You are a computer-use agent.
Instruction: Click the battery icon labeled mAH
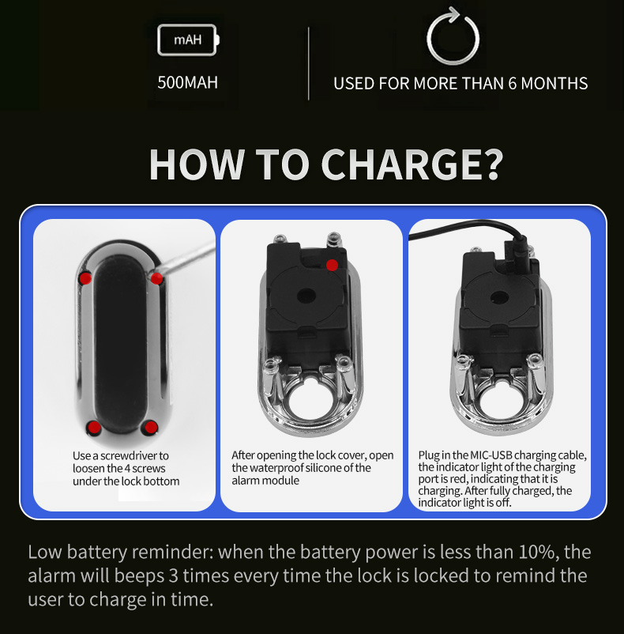coord(188,40)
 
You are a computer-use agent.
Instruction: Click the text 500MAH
coord(187,82)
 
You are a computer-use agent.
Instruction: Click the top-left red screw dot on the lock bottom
coord(85,278)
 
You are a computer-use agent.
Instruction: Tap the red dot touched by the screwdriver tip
coord(156,277)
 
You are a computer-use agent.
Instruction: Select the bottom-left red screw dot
coord(94,427)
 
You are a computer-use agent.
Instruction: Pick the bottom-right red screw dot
coord(151,427)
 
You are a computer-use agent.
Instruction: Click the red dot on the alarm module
coord(332,266)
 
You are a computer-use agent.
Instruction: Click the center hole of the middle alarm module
coord(307,296)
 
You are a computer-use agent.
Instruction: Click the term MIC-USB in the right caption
coord(491,455)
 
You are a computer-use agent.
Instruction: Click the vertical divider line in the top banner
coord(309,63)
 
